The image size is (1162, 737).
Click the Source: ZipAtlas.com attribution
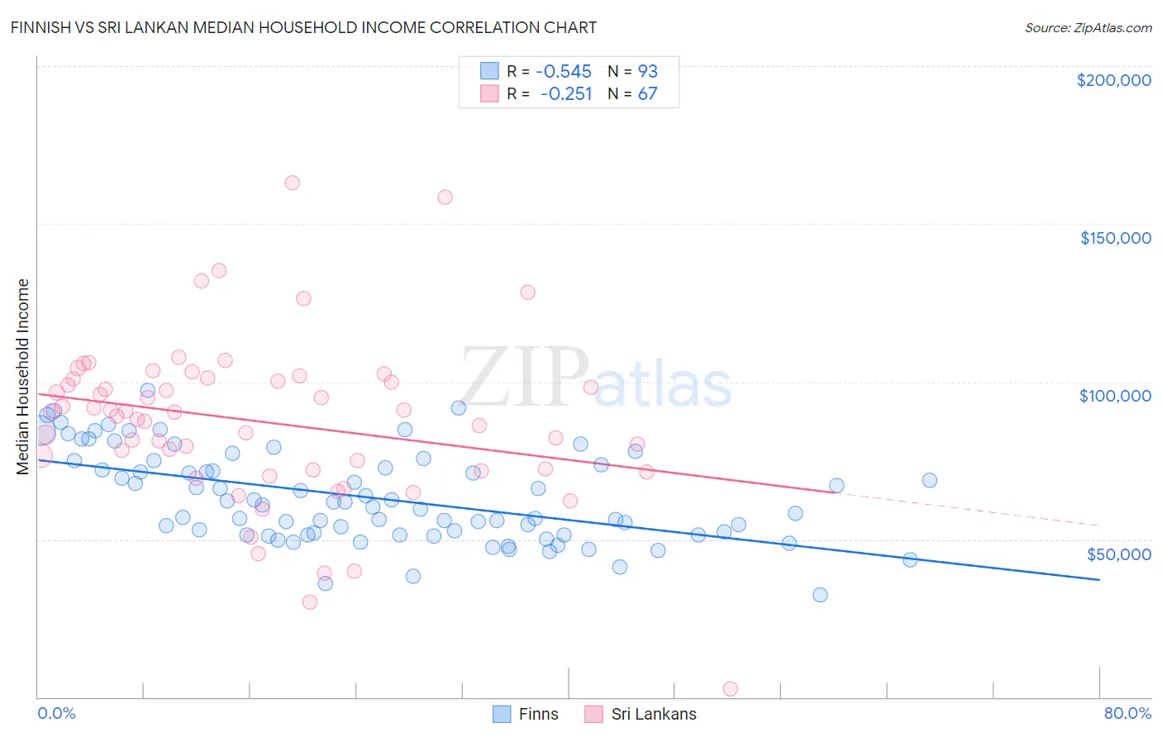pos(1088,27)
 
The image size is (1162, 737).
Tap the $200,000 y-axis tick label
pos(1113,80)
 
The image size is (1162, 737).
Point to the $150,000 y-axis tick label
pos(1115,238)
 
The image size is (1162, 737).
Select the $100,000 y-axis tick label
pos(1115,396)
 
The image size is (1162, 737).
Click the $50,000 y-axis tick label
pos(1118,554)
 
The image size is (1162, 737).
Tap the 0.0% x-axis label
pos(56,713)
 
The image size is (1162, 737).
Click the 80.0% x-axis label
pos(1127,713)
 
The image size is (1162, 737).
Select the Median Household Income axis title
pos(22,377)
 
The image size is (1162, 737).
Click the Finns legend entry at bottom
pos(526,714)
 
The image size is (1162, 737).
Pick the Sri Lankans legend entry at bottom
pos(641,714)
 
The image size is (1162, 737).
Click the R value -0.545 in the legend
pos(564,71)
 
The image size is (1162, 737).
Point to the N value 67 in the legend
pos(647,93)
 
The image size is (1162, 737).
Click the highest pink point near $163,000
pos(292,183)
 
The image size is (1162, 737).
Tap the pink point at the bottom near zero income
pos(730,688)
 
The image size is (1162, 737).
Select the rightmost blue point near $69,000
pos(930,480)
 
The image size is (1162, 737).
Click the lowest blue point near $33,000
pos(820,595)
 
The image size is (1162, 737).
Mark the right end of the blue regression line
pos(1099,580)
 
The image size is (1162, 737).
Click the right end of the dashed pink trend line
pos(1099,525)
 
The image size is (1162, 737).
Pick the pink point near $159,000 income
pos(445,197)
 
